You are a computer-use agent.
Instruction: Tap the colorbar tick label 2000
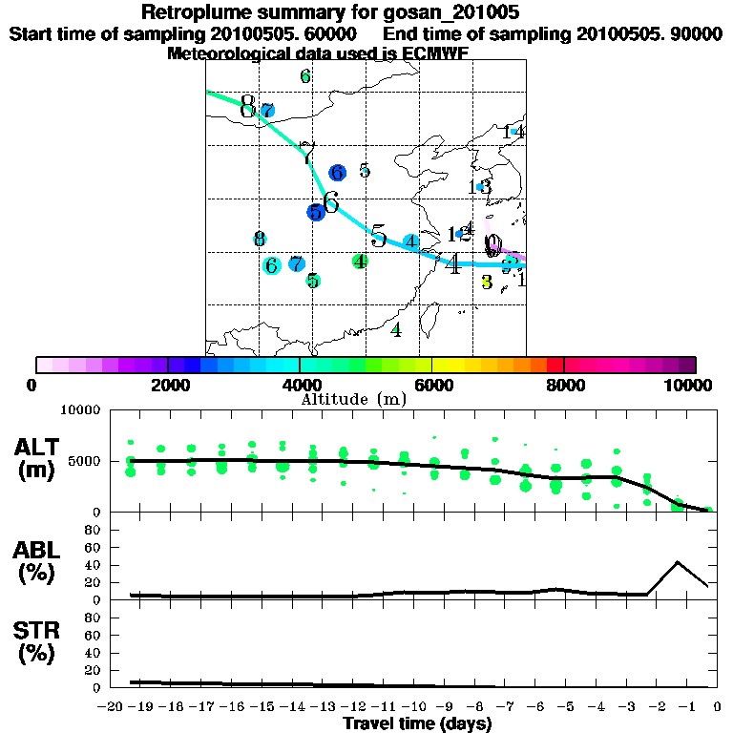[167, 385]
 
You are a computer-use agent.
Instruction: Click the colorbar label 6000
[431, 385]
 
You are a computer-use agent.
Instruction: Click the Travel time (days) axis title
[417, 724]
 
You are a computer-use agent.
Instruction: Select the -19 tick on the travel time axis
[140, 706]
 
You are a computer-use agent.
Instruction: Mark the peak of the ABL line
[678, 561]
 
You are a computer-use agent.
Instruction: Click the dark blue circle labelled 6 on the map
[337, 173]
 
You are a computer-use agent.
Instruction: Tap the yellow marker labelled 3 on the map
[487, 282]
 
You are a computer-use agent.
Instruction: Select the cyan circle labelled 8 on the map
[259, 240]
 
